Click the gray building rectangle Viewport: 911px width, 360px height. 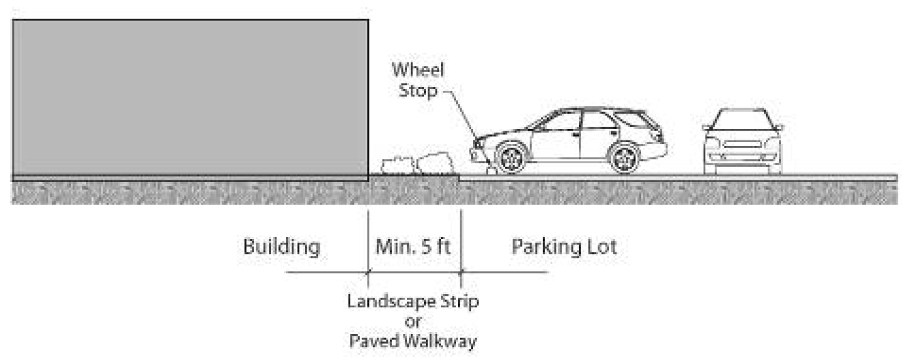pos(190,98)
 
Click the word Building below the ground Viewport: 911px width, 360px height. pos(281,247)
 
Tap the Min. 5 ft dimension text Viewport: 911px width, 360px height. pos(414,247)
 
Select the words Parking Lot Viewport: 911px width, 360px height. pos(564,247)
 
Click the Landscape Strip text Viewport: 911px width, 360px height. pos(413,301)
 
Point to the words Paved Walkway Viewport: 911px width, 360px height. pos(413,341)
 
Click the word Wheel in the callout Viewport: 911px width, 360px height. pos(418,70)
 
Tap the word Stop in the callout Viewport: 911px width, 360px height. pos(417,93)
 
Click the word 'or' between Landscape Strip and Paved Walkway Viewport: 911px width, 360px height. pos(413,321)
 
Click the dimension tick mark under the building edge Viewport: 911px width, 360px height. pos(368,272)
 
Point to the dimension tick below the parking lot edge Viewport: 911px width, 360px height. pos(461,272)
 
